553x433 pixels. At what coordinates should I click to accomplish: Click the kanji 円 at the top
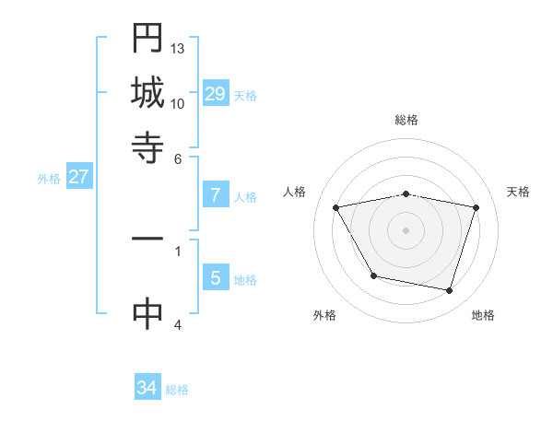tap(147, 39)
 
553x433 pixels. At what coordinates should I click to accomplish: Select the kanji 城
tap(147, 92)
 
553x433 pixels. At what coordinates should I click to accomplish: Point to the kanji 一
tap(147, 239)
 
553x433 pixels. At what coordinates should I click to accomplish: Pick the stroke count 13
tap(178, 48)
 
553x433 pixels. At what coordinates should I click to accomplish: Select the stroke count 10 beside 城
tap(178, 103)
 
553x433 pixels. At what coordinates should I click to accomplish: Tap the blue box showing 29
tap(216, 94)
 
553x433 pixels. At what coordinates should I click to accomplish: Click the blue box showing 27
tap(78, 177)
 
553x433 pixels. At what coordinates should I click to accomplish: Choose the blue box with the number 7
tap(216, 194)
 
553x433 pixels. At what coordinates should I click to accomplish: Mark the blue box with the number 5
tap(216, 277)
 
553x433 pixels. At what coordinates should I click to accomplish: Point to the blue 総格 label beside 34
tap(177, 390)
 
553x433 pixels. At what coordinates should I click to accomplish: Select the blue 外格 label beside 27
tap(49, 179)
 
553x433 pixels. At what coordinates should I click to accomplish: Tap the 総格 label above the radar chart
tap(406, 121)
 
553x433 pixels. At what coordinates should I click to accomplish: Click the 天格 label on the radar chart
tap(518, 192)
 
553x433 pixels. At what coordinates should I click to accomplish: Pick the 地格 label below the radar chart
tap(483, 315)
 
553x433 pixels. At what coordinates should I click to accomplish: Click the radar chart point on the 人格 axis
tap(336, 208)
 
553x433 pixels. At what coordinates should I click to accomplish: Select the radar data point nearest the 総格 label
tap(406, 193)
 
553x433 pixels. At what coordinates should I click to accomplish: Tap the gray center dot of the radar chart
tap(406, 230)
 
